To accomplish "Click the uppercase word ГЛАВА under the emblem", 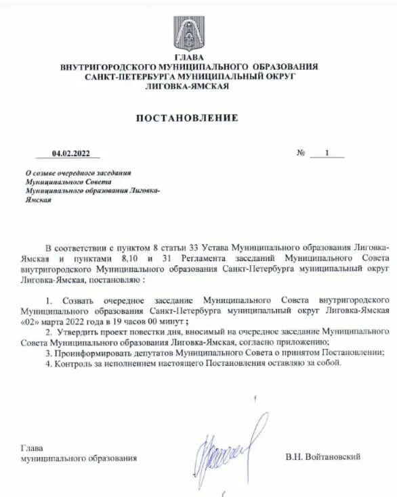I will [188, 57].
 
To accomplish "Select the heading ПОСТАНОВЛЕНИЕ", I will [188, 118].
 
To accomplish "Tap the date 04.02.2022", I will [70, 153].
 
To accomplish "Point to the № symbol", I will [301, 153].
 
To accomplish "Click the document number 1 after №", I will [327, 153].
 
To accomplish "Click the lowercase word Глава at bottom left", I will [31, 448].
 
